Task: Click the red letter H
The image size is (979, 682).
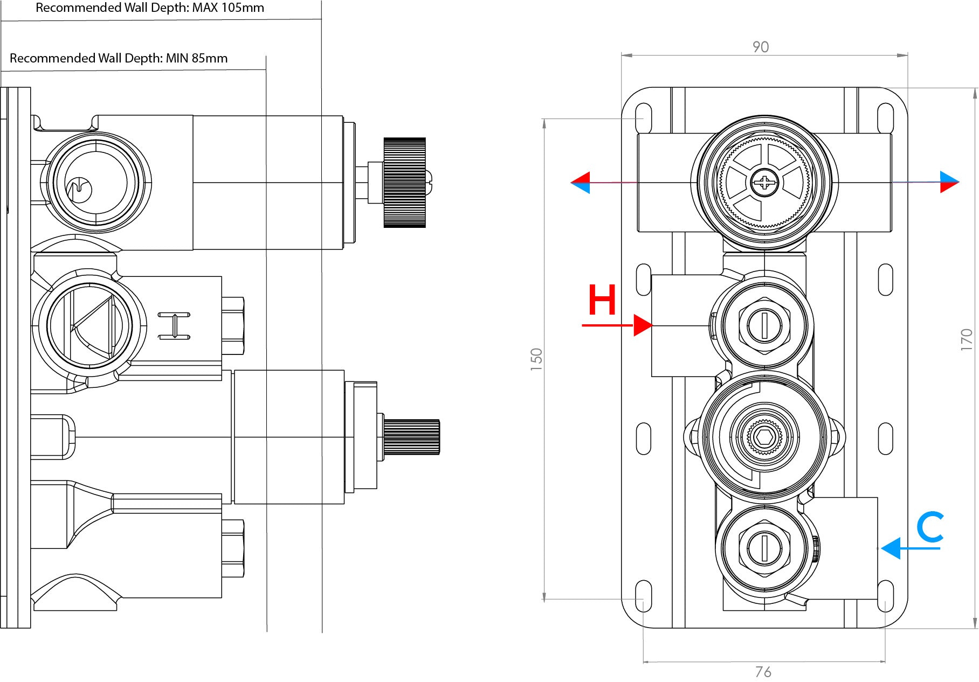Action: point(602,300)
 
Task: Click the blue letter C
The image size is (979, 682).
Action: point(930,527)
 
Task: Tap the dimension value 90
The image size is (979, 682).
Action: point(761,47)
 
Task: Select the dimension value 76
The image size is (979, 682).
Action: point(763,672)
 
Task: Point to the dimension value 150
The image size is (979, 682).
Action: point(536,359)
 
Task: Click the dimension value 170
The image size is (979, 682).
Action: point(966,340)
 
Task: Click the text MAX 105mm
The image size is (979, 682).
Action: point(228,8)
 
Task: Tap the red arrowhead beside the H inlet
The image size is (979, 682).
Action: point(643,325)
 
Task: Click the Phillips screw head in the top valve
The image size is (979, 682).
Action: point(764,183)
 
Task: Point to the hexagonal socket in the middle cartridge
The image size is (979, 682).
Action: point(764,436)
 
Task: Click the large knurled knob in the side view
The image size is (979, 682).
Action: point(404,183)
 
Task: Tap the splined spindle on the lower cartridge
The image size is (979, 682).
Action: point(411,436)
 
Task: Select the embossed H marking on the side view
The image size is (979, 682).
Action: point(174,325)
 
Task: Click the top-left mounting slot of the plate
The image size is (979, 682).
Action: point(644,119)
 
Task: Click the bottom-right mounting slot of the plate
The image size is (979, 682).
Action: point(885,597)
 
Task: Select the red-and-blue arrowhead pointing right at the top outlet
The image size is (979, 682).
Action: point(949,182)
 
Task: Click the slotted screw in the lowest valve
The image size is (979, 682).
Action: point(764,548)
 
